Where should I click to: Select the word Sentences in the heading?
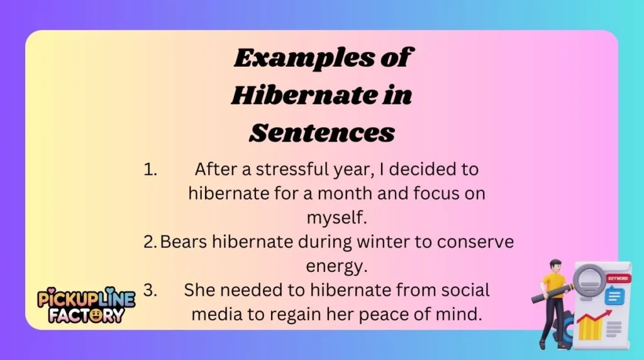pyautogui.click(x=322, y=133)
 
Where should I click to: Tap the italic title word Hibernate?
pyautogui.click(x=301, y=96)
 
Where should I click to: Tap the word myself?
pyautogui.click(x=336, y=218)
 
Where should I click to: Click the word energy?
pyautogui.click(x=336, y=266)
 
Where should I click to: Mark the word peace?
pyautogui.click(x=394, y=314)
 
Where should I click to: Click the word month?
pyautogui.click(x=352, y=194)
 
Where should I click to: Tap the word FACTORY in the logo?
pyautogui.click(x=86, y=315)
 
